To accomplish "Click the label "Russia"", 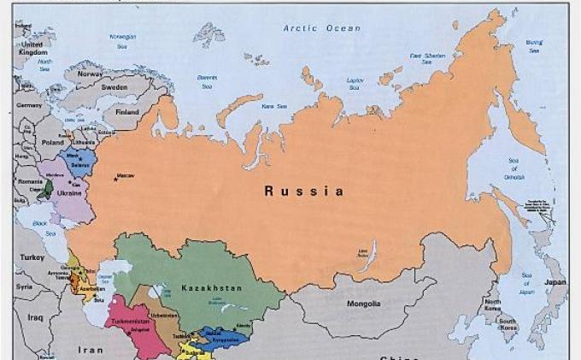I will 303,192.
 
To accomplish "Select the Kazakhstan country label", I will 211,288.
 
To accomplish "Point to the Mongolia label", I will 363,304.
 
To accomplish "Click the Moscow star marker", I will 115,179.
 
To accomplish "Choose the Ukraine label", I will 69,193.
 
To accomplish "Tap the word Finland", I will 127,112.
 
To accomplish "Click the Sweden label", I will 114,87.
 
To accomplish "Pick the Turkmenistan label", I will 129,322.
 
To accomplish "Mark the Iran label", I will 91,350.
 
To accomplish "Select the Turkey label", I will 33,257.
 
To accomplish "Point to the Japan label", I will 556,282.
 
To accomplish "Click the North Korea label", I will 493,305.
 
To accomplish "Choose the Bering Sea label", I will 534,46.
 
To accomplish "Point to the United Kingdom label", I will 33,48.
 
